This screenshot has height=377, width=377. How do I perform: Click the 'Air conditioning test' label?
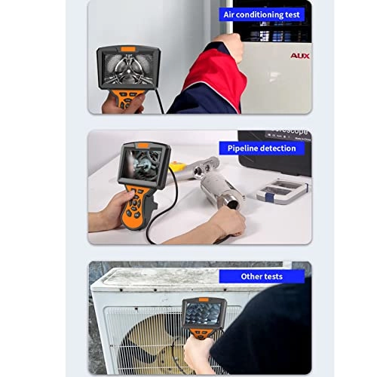pos(261,14)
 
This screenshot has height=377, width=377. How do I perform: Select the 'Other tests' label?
pos(262,277)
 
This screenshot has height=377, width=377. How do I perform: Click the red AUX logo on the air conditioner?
pos(299,55)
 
